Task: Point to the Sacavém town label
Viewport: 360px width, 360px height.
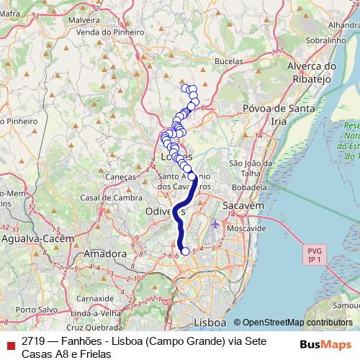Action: (x=244, y=205)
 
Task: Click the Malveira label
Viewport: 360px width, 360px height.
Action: (x=84, y=22)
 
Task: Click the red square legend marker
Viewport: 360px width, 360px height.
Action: (x=9, y=344)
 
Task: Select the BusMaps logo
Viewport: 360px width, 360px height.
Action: (x=325, y=343)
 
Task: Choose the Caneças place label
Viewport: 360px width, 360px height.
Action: (x=120, y=176)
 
